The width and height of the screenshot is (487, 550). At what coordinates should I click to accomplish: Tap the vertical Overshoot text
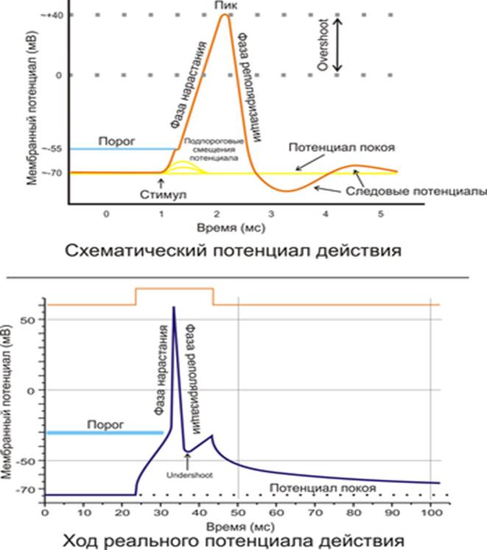(321, 45)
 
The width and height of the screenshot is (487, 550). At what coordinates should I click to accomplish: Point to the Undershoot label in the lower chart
(189, 475)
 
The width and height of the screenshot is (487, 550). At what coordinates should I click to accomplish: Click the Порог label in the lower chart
(103, 424)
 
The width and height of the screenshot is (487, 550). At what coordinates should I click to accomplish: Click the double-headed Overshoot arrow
(337, 45)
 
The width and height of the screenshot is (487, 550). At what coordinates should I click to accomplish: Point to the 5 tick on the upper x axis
(380, 213)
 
